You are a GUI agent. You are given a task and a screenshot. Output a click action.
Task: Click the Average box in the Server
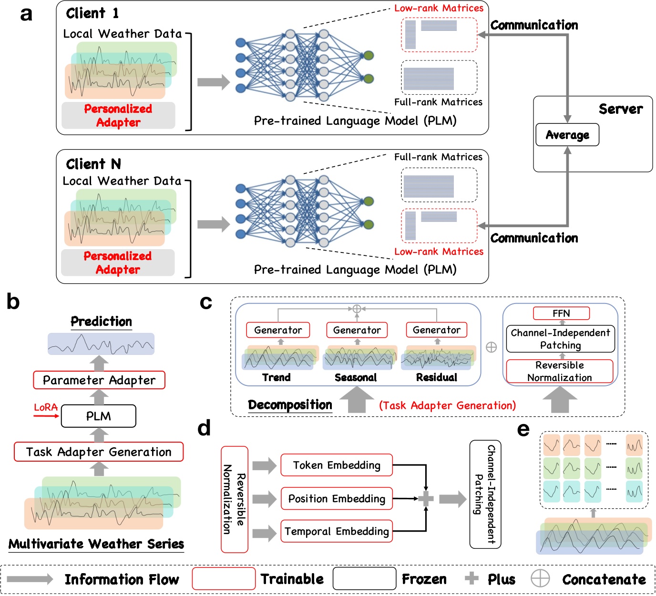(x=567, y=135)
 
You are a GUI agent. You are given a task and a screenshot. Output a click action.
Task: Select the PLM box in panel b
(x=99, y=416)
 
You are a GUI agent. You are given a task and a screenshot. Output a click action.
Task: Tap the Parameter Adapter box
(x=99, y=380)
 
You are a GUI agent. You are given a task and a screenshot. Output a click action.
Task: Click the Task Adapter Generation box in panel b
(x=99, y=452)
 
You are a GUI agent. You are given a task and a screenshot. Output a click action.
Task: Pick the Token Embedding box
(x=337, y=465)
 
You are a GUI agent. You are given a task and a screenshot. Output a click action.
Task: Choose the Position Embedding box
(x=337, y=498)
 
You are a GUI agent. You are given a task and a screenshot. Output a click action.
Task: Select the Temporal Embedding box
(x=337, y=531)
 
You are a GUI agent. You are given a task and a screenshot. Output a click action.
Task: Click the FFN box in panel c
(x=561, y=313)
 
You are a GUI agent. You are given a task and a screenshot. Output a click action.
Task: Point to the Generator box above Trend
(x=278, y=330)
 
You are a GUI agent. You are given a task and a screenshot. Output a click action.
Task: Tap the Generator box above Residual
(x=436, y=330)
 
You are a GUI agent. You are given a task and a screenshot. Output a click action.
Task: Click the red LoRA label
(x=46, y=407)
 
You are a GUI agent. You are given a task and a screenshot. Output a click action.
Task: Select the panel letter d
(x=204, y=428)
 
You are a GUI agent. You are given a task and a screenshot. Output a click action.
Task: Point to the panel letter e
(x=523, y=430)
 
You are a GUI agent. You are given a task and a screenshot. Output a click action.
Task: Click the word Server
(x=621, y=109)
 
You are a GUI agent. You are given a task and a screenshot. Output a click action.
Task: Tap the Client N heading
(x=93, y=164)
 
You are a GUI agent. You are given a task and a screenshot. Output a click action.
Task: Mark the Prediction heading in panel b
(x=101, y=322)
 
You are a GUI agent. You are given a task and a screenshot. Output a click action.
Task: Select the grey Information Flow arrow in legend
(x=30, y=579)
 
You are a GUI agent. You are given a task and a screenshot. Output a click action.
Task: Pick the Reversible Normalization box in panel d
(x=235, y=499)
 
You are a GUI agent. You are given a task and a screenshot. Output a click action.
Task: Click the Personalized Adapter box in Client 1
(x=118, y=115)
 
